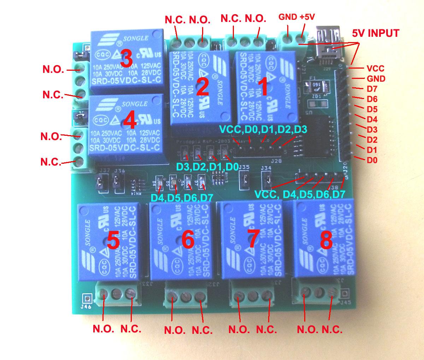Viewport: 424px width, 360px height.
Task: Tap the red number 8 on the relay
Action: [x=326, y=240]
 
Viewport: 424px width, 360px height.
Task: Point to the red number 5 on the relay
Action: [x=113, y=242]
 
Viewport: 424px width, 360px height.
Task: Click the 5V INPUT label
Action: [x=376, y=34]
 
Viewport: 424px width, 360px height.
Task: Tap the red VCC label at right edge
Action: [x=375, y=68]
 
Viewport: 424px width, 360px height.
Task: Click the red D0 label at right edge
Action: [x=372, y=160]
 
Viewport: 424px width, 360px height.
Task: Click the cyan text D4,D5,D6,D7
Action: [x=180, y=197]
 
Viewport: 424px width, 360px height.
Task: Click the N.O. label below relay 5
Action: [x=103, y=329]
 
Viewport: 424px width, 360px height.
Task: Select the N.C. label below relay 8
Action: [x=332, y=330]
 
